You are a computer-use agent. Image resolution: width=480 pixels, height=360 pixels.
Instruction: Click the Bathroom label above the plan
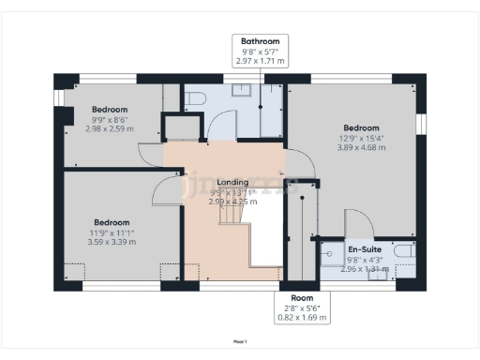coord(260,42)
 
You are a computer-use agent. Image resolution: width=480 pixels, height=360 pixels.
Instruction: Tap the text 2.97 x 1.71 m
coord(260,61)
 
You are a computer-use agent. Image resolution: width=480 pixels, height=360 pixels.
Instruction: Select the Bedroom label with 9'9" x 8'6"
coord(110,109)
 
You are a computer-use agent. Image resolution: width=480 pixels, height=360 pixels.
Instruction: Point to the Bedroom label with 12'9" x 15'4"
coord(361,127)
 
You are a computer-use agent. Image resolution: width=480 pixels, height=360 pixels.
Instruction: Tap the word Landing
coord(232,182)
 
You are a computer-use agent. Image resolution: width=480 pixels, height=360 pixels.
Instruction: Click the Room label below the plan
coord(301,298)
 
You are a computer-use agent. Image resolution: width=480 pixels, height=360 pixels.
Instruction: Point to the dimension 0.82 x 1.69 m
coord(301,318)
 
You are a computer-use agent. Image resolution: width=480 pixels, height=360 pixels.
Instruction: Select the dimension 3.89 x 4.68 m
coord(361,147)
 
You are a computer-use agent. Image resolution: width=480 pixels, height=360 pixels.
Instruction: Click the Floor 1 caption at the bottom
coord(240,342)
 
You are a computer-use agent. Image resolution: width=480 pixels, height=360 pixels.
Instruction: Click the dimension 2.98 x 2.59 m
coord(110,128)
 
